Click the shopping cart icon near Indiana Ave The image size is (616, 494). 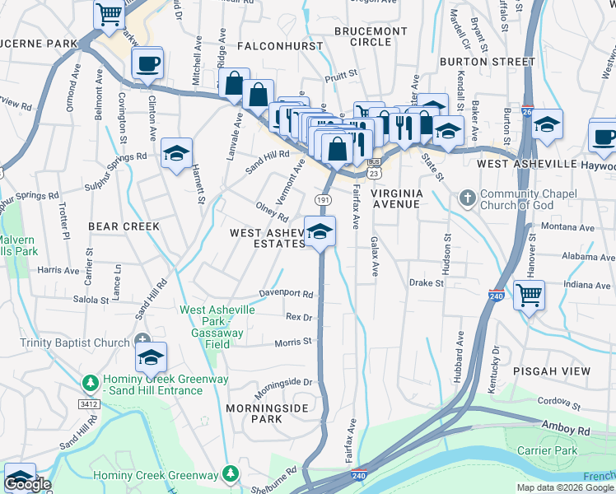[530, 294]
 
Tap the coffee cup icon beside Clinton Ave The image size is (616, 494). [147, 63]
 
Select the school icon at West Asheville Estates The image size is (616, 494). [320, 232]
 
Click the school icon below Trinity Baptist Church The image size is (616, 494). [151, 357]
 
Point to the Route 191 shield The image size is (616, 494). [323, 200]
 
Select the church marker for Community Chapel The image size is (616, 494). [467, 198]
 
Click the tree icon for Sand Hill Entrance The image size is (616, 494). [90, 383]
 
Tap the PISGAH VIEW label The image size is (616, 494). [551, 371]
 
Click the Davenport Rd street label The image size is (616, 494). [287, 293]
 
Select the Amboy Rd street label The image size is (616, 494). [566, 430]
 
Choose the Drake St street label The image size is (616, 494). [427, 282]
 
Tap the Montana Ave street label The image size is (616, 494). [567, 227]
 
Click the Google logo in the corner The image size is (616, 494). [27, 484]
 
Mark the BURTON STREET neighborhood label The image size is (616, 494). [488, 62]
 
